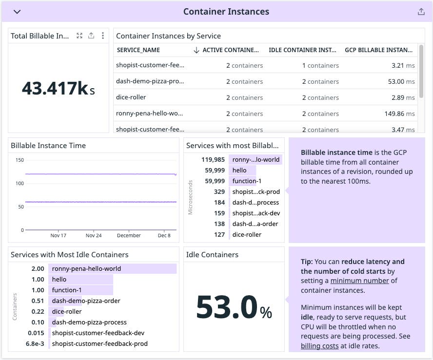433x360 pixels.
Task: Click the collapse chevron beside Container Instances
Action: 17,12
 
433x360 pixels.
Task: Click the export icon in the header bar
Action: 421,12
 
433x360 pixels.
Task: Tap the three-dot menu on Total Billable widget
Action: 102,36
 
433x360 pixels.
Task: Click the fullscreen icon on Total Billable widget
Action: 79,36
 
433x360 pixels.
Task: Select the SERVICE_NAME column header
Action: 138,50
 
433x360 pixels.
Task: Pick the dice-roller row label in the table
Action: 131,97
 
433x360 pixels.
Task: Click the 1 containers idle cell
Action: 320,65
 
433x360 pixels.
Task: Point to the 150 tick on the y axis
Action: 20,160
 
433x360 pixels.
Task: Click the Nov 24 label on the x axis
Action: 94,235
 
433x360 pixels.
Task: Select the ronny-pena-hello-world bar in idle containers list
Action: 112,268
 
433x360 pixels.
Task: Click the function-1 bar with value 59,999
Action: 247,181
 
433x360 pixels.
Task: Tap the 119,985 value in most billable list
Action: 213,159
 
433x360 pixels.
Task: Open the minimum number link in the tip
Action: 359,280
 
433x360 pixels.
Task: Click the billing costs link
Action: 320,345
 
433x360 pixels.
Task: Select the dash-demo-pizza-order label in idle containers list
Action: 86,301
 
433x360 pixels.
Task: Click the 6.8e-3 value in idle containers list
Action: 35,343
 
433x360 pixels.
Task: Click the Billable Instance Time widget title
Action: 48,145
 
